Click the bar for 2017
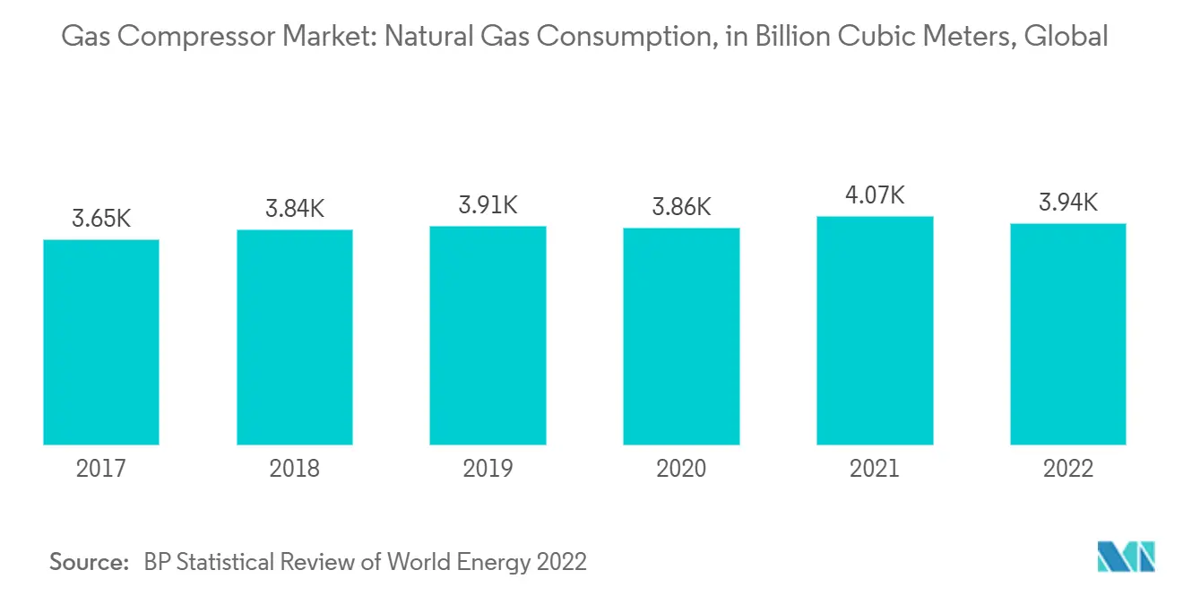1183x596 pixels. click(101, 342)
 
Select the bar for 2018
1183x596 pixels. click(294, 337)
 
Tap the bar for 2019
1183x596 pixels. click(488, 335)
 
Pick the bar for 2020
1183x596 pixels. click(681, 336)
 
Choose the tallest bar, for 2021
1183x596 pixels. click(875, 331)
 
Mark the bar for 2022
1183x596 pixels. click(1067, 334)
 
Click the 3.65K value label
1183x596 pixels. click(101, 218)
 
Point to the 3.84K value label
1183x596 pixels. click(294, 208)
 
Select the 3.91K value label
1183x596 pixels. click(488, 204)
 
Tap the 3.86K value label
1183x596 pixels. click(681, 207)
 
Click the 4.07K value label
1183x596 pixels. click(875, 194)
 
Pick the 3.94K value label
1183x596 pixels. click(1067, 202)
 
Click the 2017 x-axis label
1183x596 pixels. click(101, 468)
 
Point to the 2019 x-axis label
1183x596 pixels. click(488, 468)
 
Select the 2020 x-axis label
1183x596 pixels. click(681, 468)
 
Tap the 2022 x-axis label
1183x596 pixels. click(1067, 468)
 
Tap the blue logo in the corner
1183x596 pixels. click(1127, 557)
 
